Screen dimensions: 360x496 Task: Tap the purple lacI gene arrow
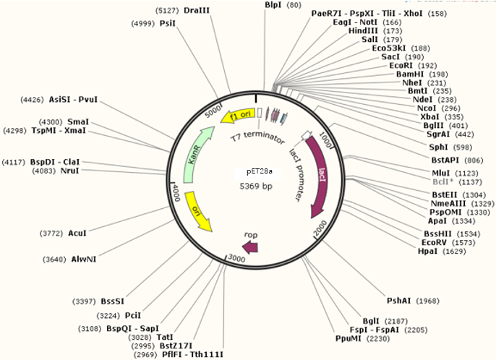320,173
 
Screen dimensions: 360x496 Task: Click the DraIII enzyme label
196,11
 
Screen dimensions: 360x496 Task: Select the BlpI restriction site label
273,5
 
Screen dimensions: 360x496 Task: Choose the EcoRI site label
401,65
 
